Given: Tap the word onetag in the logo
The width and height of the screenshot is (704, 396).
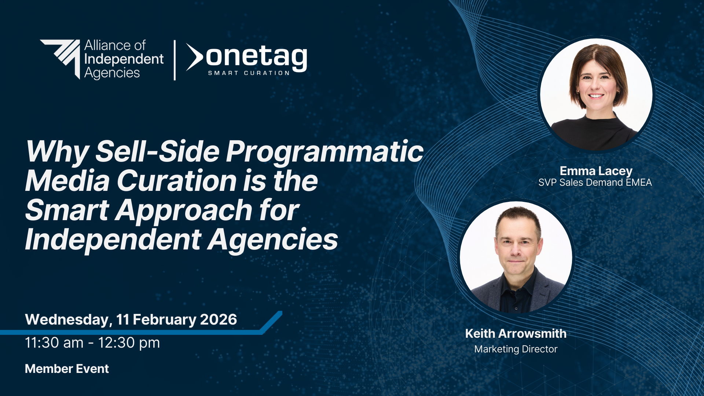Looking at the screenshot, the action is [x=256, y=58].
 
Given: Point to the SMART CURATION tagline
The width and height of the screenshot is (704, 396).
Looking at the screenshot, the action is [x=249, y=73].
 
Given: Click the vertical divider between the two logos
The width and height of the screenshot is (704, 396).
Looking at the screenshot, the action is [x=175, y=60].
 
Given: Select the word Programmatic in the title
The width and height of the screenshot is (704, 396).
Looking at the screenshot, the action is [x=324, y=152].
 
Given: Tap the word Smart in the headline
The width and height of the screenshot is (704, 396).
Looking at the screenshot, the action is [x=67, y=210].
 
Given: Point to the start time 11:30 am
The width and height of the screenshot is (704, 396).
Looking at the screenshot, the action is [x=54, y=343].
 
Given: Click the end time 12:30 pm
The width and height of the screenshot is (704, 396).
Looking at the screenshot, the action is [x=129, y=343].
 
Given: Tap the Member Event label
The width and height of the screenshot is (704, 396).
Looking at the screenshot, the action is [x=67, y=369].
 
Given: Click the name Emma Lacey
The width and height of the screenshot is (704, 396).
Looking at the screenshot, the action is [x=596, y=171].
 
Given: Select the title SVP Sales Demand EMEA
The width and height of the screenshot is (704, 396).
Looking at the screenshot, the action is [x=595, y=182].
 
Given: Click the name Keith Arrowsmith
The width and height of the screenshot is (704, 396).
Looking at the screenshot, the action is [x=516, y=333].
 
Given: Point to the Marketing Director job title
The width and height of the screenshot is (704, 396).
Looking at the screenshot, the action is [x=516, y=349].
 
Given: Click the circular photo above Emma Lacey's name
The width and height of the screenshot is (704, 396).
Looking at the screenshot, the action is [x=596, y=95].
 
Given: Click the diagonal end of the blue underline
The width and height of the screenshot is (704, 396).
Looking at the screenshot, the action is [x=272, y=322].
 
